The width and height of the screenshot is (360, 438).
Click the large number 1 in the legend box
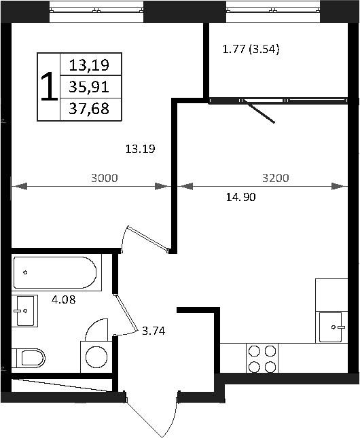(x=49, y=87)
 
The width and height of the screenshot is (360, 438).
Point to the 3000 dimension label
(x=105, y=179)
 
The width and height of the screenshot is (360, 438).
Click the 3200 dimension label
(x=276, y=179)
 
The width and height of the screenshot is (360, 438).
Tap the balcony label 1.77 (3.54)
(x=252, y=49)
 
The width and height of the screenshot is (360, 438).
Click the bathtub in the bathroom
(x=54, y=272)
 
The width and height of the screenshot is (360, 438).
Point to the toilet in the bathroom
(x=30, y=357)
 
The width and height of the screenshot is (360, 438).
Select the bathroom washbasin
(x=24, y=312)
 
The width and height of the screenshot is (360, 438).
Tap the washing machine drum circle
(x=96, y=357)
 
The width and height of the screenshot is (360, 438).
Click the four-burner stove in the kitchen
(x=262, y=359)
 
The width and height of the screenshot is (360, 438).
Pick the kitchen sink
(x=334, y=327)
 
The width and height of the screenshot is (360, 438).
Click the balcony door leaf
(x=261, y=113)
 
